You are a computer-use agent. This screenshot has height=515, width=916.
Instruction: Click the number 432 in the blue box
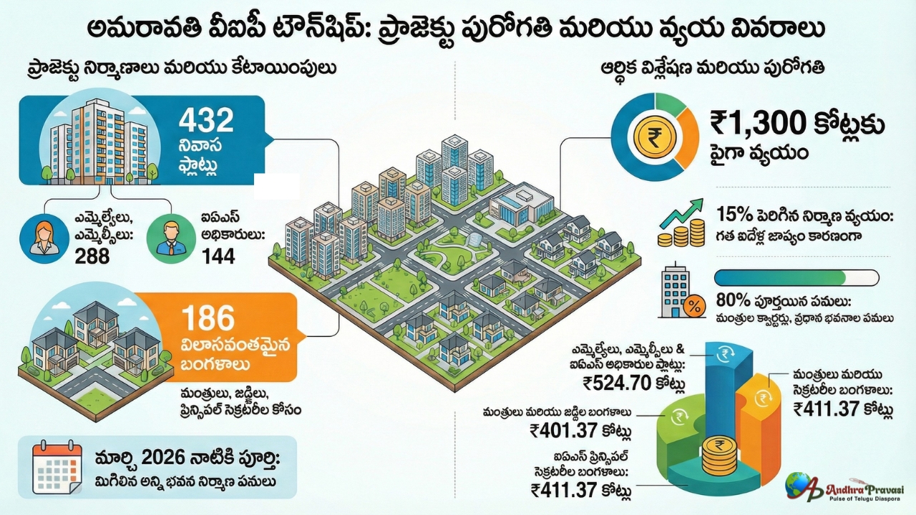tap(206, 120)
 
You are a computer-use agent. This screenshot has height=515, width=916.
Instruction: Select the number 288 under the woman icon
tap(92, 255)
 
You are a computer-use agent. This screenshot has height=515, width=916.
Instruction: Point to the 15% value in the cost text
tap(731, 214)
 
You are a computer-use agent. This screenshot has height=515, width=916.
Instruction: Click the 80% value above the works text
tap(732, 300)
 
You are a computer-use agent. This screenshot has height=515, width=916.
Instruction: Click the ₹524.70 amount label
tap(615, 384)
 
